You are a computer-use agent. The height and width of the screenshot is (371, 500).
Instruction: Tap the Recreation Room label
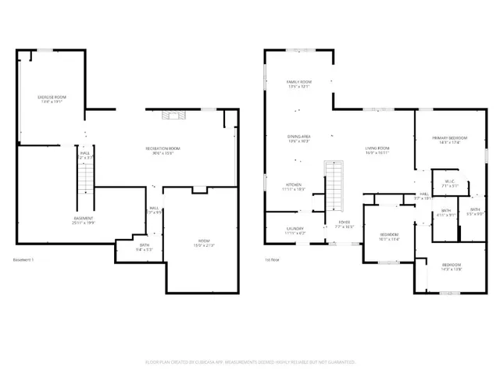[162, 151]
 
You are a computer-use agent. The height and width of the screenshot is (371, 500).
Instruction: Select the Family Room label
[300, 84]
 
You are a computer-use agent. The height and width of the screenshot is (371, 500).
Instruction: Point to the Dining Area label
[300, 139]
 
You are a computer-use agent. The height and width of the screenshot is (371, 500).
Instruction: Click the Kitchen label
[292, 187]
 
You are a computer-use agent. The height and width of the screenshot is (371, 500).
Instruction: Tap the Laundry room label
[295, 230]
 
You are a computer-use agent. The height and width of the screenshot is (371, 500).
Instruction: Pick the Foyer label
[345, 226]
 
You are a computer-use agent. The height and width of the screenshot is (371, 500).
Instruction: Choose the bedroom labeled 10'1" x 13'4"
[389, 237]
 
